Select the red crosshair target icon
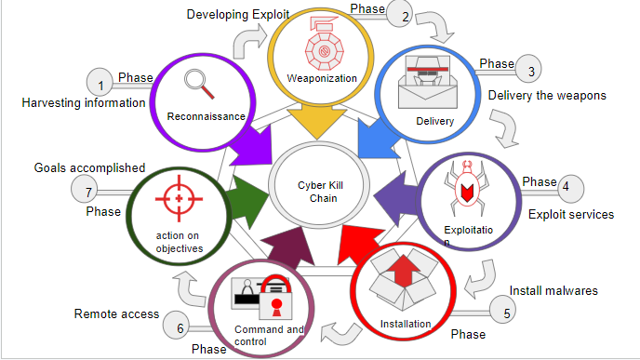point(178,198)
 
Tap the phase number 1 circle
point(100,84)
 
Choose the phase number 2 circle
point(404,15)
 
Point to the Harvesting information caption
point(84,102)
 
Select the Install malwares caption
point(553,290)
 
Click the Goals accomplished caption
point(89,167)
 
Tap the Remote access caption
point(116,313)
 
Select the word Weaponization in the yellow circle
point(322,78)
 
